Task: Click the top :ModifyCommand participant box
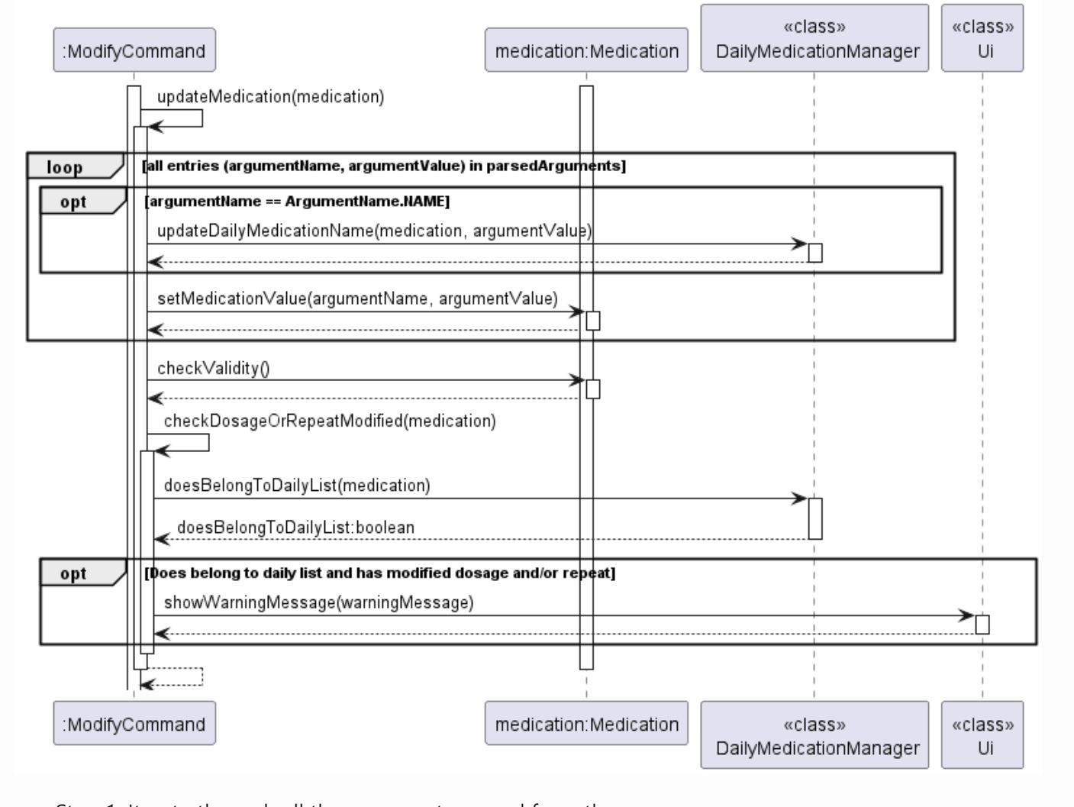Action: (x=134, y=50)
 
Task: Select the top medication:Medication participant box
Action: (x=586, y=50)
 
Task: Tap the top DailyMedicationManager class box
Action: (x=814, y=38)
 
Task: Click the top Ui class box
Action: (x=982, y=38)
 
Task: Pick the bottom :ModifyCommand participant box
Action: (x=134, y=723)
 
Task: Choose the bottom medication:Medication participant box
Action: (x=586, y=723)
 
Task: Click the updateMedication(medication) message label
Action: (x=270, y=97)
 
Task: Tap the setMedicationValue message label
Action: (x=357, y=299)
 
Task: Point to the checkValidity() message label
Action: (x=213, y=368)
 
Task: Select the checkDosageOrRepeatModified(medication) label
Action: (x=329, y=421)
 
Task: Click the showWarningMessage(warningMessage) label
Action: (x=318, y=602)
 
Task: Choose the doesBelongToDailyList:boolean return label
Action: (x=295, y=528)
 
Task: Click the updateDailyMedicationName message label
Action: (x=374, y=231)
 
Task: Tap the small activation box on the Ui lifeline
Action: (x=982, y=625)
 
